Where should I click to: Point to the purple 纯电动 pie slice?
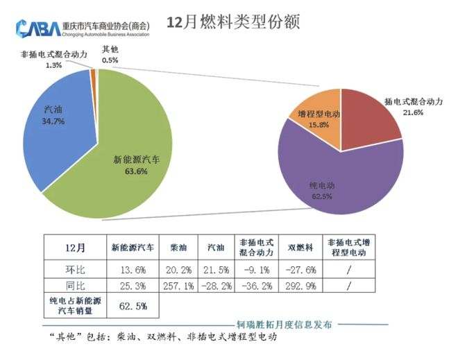click(x=333, y=177)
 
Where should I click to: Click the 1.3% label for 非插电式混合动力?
click(x=53, y=65)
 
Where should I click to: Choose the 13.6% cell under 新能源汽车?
click(x=129, y=268)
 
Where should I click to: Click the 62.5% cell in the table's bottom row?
click(x=129, y=305)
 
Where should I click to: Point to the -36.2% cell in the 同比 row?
click(x=255, y=285)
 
